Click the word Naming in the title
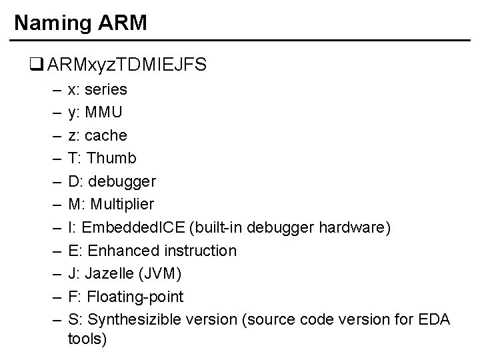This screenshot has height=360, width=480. click(51, 23)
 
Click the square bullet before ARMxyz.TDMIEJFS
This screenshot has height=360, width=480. click(35, 65)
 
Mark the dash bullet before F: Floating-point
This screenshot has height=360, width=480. click(53, 297)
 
